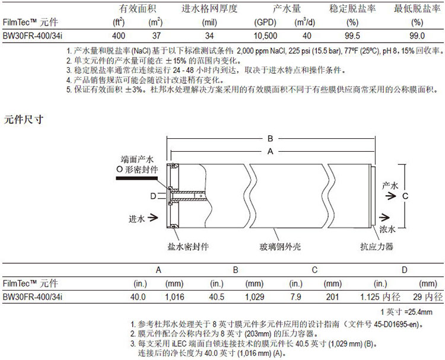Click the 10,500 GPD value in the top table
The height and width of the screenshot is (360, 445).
tap(265, 36)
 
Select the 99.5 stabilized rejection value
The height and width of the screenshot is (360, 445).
tap(352, 36)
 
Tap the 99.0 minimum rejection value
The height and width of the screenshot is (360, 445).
tap(417, 36)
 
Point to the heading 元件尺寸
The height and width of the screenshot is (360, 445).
tap(24, 119)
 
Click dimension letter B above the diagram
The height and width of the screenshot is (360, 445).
tap(270, 139)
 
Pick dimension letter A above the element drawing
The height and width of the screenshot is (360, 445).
tap(270, 151)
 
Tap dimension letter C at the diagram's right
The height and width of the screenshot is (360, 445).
tap(405, 196)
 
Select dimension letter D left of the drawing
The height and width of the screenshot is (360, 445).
tap(153, 196)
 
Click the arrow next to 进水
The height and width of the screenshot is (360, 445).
tap(152, 218)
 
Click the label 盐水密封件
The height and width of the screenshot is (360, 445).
tap(188, 247)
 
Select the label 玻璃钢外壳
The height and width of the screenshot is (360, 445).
tap(280, 247)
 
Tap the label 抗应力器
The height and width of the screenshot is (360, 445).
tap(377, 247)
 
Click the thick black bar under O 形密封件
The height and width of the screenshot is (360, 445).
tap(137, 178)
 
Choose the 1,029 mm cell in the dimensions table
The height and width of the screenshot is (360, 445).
tap(255, 297)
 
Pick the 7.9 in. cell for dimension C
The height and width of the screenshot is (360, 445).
tap(295, 297)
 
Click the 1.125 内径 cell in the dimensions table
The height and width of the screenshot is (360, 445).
tap(380, 297)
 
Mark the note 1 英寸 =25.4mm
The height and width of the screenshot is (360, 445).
tap(406, 312)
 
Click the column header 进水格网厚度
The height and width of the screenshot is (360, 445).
tap(209, 8)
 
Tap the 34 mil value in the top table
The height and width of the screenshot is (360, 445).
tap(209, 36)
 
